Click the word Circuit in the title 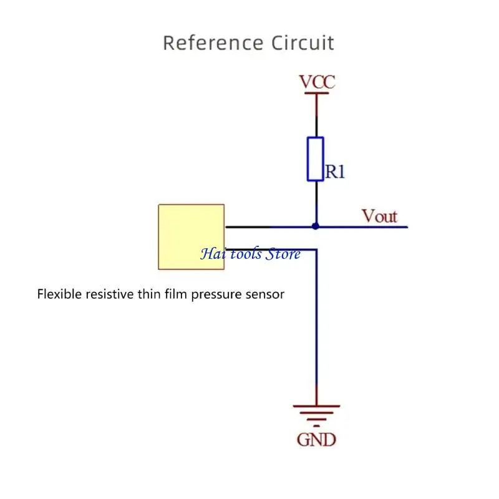coord(303,44)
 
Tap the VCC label coord(317,82)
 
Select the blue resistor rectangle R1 coord(316,159)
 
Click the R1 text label coord(334,172)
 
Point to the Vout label coord(379,216)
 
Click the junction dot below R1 coord(316,226)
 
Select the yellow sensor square coord(191,236)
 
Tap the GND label coord(316,440)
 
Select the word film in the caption coord(177,294)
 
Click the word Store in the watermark coord(283,254)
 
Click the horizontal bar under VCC coord(316,94)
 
